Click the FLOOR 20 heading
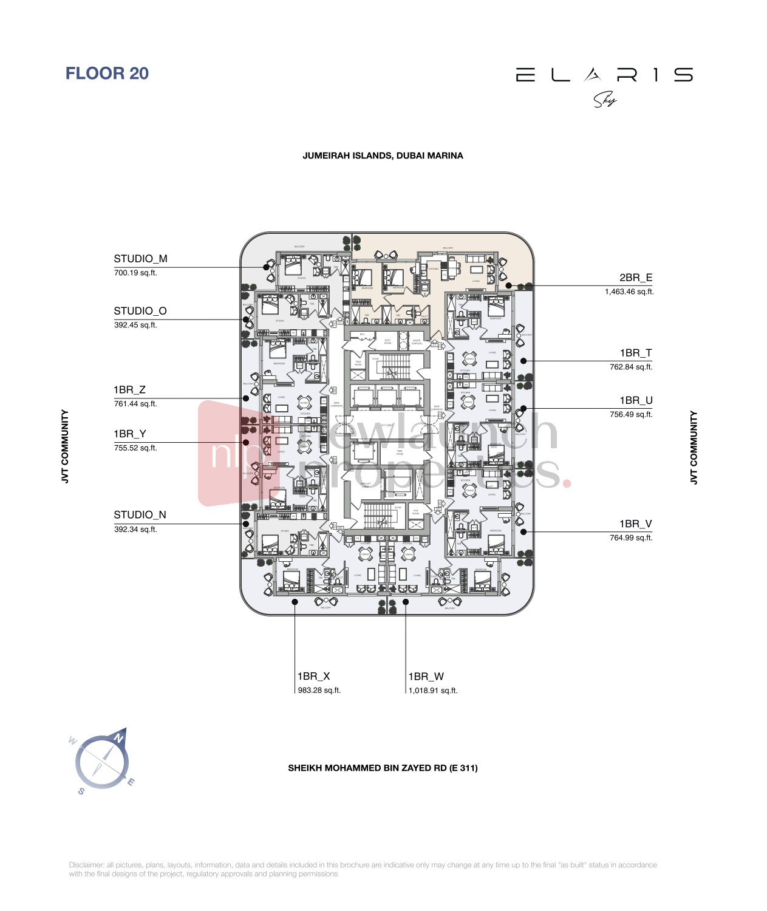(107, 73)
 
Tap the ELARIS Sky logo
(604, 84)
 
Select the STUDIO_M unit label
(140, 259)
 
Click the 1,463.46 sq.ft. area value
(629, 292)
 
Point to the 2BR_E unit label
(636, 278)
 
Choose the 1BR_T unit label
(636, 353)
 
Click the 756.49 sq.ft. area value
(631, 415)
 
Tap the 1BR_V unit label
(636, 524)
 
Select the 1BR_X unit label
(313, 676)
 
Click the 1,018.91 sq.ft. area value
(433, 691)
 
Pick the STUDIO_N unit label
(140, 515)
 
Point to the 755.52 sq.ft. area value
(135, 448)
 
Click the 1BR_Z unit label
(129, 390)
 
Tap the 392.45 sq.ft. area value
(135, 326)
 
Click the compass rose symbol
(102, 762)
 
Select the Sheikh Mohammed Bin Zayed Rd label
(383, 768)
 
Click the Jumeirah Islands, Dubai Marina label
(383, 156)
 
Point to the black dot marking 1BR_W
(406, 602)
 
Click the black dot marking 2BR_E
(508, 285)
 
